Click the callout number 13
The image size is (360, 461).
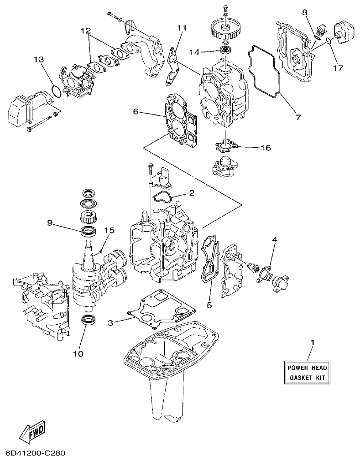pyautogui.click(x=39, y=59)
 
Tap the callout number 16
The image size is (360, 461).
pyautogui.click(x=265, y=148)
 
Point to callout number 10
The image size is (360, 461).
pyautogui.click(x=78, y=353)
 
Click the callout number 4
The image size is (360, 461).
pyautogui.click(x=275, y=239)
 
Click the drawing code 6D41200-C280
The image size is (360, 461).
pyautogui.click(x=36, y=454)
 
